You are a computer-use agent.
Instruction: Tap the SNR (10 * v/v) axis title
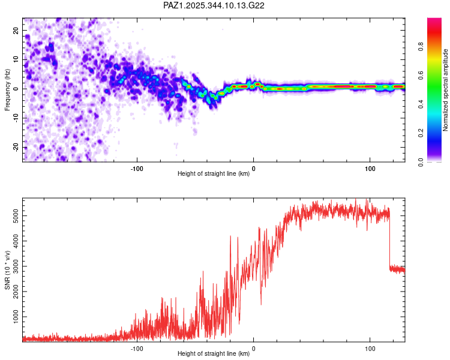click(x=7, y=270)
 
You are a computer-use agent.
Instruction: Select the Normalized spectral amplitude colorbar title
click(x=446, y=90)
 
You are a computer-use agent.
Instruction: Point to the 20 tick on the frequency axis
click(x=16, y=30)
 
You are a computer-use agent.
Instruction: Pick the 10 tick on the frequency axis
click(x=16, y=59)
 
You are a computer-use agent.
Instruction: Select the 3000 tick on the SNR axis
click(x=12, y=265)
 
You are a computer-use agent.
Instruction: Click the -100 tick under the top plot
click(x=137, y=169)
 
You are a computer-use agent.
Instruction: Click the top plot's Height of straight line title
click(x=214, y=175)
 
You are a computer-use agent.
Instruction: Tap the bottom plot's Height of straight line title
click(x=214, y=353)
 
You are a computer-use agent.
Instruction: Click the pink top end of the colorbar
click(x=434, y=20)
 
